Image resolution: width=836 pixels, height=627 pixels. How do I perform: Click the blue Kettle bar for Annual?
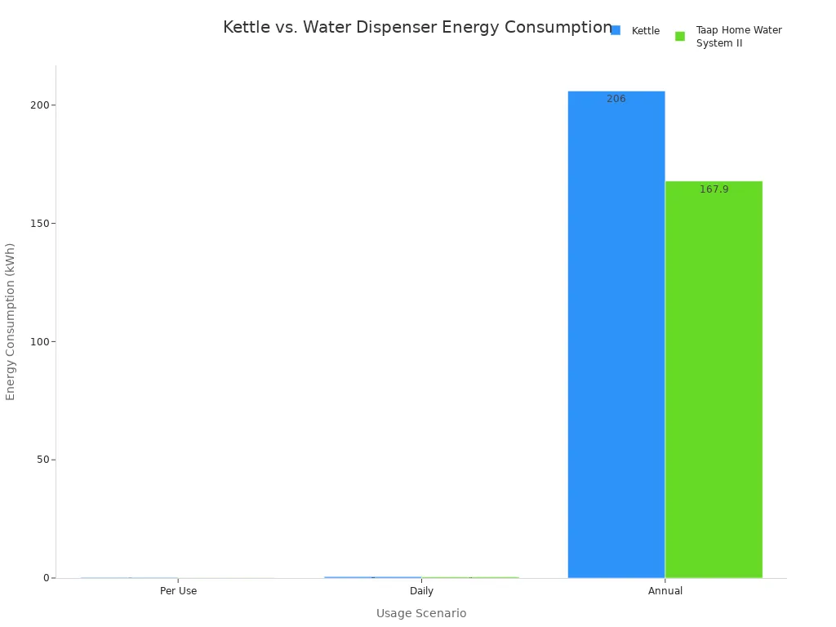click(x=616, y=335)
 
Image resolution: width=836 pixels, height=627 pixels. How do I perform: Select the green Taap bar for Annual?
click(x=714, y=380)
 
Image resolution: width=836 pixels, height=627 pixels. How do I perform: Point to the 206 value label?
click(x=616, y=99)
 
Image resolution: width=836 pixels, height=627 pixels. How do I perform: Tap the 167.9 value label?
click(x=714, y=189)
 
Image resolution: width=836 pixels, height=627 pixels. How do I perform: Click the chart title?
click(x=417, y=28)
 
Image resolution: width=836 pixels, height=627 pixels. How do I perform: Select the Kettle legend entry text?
click(x=646, y=31)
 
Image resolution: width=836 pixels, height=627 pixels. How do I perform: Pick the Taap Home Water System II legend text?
click(x=738, y=37)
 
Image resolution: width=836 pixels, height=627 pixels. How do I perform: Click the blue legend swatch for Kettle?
click(x=616, y=30)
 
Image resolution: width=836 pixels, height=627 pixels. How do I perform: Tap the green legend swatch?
click(x=680, y=36)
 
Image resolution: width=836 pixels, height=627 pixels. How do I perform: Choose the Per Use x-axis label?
click(x=178, y=591)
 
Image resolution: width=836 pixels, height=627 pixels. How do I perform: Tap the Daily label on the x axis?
click(x=421, y=591)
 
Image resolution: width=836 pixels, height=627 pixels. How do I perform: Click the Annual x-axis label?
click(x=665, y=591)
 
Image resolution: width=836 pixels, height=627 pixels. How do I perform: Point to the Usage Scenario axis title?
click(x=421, y=613)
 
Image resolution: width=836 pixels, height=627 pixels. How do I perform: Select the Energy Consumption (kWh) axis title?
click(x=11, y=321)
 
